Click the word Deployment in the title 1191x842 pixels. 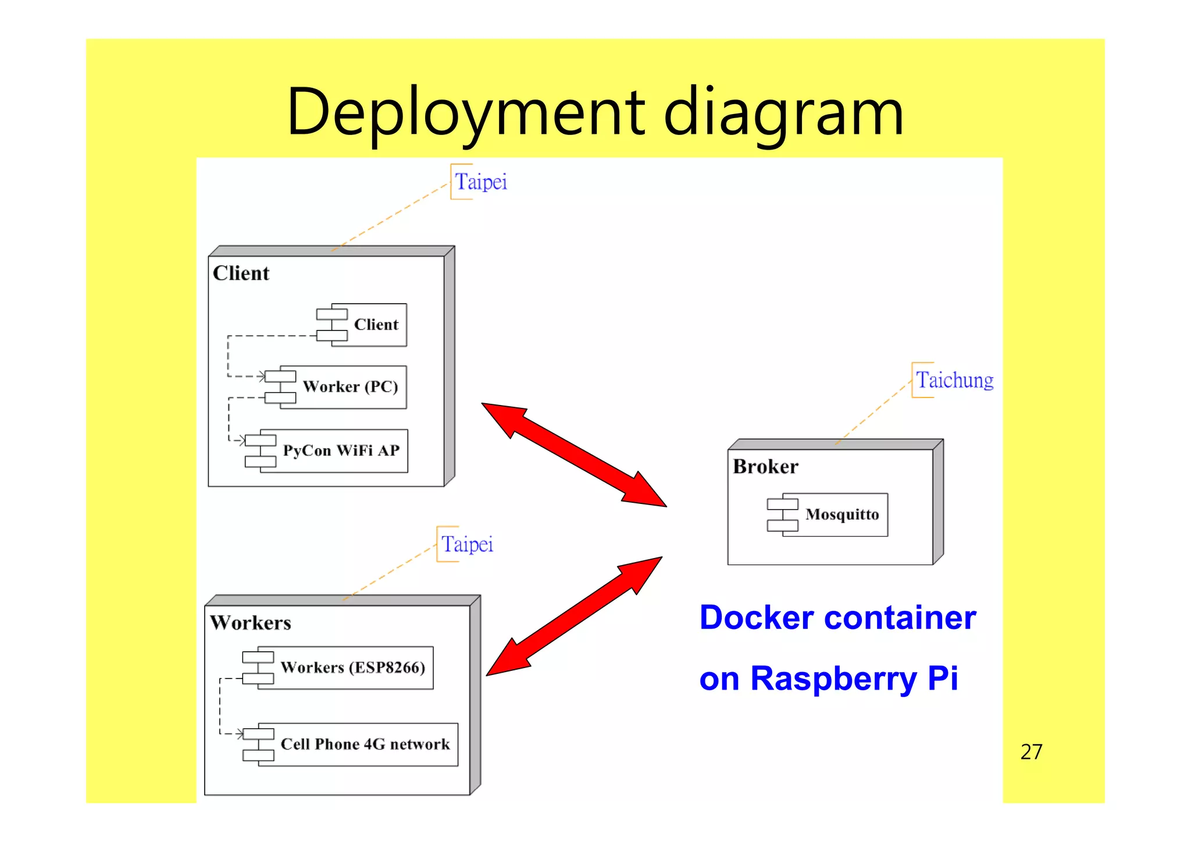point(465,113)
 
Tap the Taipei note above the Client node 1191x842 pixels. point(480,182)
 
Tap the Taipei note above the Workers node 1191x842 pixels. point(467,545)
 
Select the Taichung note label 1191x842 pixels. point(954,381)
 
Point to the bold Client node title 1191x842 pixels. point(241,273)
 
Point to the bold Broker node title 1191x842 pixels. point(765,467)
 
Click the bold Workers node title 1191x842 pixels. point(251,623)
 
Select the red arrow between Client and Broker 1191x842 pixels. point(574,454)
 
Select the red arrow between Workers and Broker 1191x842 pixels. point(574,616)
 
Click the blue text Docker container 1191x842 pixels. point(837,618)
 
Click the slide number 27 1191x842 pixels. point(1031,752)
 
